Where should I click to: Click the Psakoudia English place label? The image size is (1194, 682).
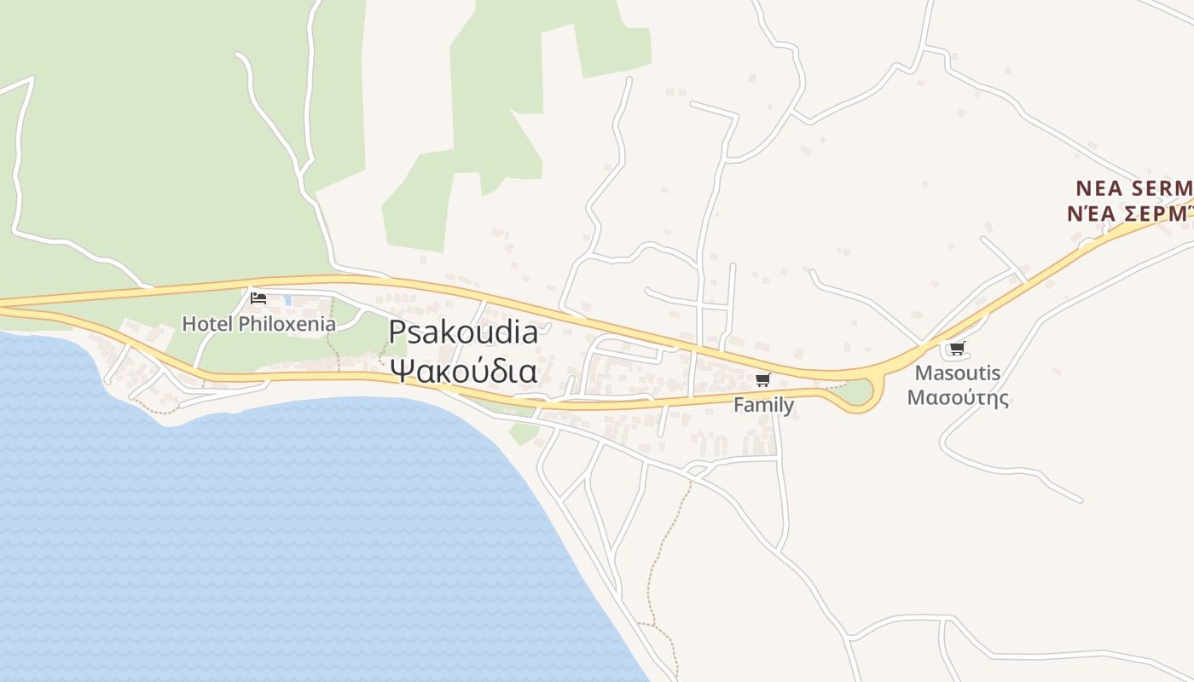click(463, 332)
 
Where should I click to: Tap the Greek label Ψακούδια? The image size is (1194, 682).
click(463, 371)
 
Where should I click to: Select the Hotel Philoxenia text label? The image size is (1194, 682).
click(259, 324)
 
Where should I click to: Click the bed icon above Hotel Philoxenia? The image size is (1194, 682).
click(258, 298)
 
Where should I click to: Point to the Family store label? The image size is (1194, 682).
click(763, 405)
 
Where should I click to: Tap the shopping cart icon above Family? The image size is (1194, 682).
click(762, 380)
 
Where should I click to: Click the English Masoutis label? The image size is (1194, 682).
click(957, 373)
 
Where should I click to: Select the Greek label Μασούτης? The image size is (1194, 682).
click(957, 397)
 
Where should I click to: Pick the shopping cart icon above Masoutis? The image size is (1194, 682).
click(957, 349)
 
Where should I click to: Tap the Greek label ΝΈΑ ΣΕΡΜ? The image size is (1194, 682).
click(1129, 213)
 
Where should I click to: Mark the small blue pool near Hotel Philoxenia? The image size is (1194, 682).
click(287, 300)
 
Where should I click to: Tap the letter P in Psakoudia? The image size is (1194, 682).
click(397, 332)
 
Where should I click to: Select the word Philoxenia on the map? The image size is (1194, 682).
click(287, 324)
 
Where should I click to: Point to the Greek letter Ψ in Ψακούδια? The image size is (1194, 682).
click(399, 371)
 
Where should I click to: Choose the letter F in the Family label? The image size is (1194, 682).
click(739, 405)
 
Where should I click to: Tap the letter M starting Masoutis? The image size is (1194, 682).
click(922, 373)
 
